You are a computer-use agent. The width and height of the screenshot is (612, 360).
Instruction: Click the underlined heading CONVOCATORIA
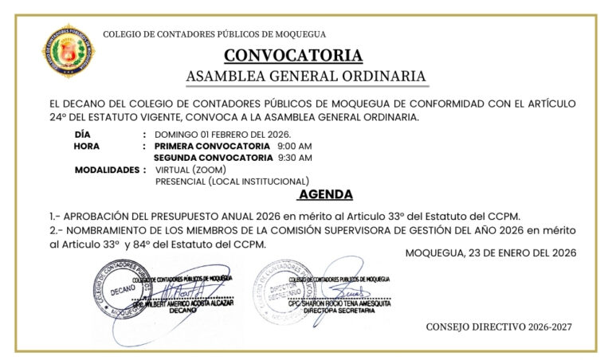click(x=293, y=56)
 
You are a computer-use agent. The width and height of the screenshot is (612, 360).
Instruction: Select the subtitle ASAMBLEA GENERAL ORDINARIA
click(x=306, y=76)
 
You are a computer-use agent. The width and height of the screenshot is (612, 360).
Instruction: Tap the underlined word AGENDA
click(x=325, y=195)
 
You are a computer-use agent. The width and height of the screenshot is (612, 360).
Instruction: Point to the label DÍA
click(x=82, y=134)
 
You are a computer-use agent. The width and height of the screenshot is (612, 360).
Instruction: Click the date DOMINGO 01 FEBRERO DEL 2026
click(x=222, y=134)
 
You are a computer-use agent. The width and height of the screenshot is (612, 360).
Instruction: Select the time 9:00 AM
click(x=294, y=147)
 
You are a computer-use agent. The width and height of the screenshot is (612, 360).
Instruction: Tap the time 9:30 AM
click(x=294, y=158)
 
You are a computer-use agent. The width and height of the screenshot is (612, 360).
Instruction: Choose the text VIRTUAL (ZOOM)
click(x=190, y=170)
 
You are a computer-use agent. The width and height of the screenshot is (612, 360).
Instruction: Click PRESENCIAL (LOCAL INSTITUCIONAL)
click(x=232, y=182)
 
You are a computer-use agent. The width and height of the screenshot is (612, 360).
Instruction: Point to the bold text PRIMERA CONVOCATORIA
click(x=212, y=147)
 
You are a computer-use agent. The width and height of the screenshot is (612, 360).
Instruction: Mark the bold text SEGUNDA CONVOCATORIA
click(x=213, y=158)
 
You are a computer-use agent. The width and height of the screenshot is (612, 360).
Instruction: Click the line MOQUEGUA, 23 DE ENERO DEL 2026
click(x=490, y=252)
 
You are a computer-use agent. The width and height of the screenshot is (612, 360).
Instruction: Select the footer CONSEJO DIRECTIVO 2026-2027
click(x=499, y=327)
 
